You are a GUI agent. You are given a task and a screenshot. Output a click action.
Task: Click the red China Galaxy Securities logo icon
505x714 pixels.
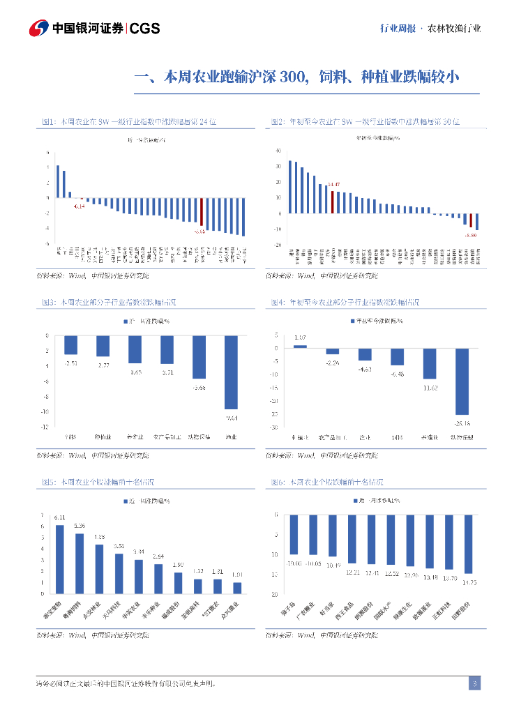pos(38,29)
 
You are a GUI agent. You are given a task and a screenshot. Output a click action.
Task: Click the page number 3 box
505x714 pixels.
pos(474,683)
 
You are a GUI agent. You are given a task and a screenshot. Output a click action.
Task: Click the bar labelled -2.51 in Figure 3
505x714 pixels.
pos(70,344)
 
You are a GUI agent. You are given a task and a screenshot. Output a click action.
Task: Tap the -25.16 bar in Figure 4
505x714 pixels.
pos(462,381)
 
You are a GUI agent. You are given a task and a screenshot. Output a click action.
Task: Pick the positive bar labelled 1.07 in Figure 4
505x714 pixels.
pos(300,346)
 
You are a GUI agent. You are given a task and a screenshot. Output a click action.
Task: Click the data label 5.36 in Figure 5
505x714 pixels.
pos(80,526)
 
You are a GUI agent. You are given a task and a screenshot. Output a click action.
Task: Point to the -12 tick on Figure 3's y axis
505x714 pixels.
pos(45,426)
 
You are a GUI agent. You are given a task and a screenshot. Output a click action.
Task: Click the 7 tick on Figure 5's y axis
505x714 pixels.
pos(43,514)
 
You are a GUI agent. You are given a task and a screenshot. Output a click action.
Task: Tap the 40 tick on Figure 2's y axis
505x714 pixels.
pos(278,151)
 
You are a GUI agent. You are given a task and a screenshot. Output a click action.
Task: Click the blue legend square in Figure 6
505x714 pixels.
pos(354,501)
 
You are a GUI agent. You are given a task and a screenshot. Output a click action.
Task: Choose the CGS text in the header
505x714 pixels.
pos(145,29)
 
